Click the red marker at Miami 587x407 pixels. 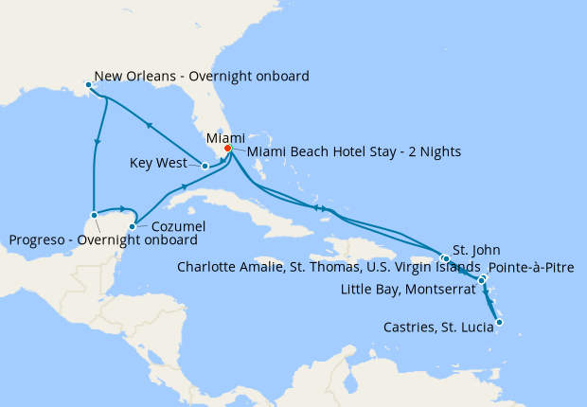[x=227, y=148]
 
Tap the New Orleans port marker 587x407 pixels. [x=88, y=85]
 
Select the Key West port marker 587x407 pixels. [x=205, y=166]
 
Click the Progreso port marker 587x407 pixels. [x=93, y=217]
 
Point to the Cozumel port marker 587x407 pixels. [x=132, y=226]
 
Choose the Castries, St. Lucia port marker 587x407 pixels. [x=499, y=323]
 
